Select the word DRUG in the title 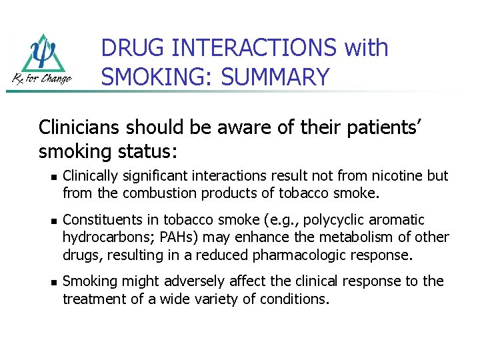(x=133, y=48)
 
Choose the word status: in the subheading (x=141, y=151)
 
